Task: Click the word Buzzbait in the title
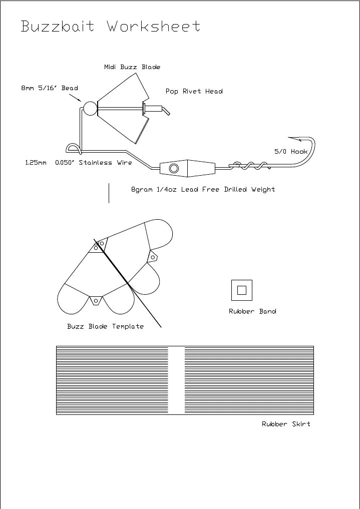click(58, 26)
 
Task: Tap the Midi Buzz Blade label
click(132, 67)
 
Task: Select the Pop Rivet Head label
click(194, 92)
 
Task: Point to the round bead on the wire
click(90, 108)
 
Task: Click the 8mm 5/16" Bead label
click(50, 88)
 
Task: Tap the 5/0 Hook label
click(290, 151)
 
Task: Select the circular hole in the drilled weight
click(174, 168)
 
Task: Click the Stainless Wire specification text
click(79, 163)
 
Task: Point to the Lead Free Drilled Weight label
click(203, 190)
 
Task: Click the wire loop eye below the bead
click(72, 147)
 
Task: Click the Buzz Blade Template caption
click(105, 326)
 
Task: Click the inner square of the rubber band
click(241, 290)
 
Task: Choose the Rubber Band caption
click(252, 311)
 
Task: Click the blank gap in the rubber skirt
click(176, 380)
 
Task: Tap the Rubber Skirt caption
click(286, 424)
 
